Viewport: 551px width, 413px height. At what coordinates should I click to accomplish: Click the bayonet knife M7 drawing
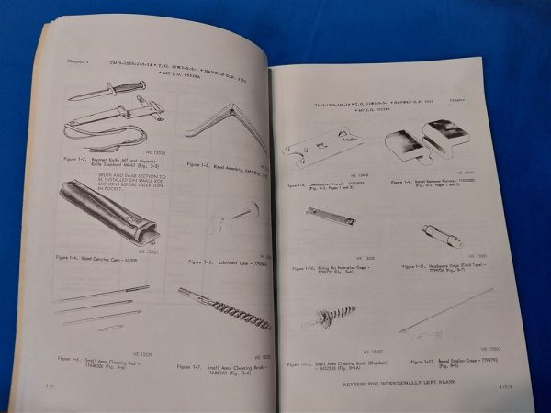(107, 89)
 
